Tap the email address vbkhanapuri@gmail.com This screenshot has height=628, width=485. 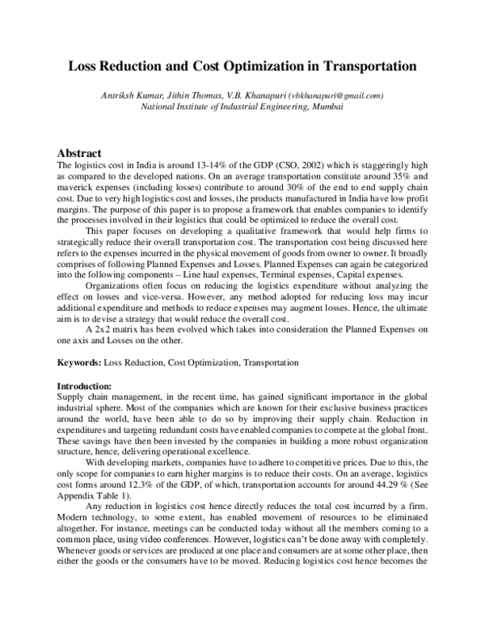[338, 95]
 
